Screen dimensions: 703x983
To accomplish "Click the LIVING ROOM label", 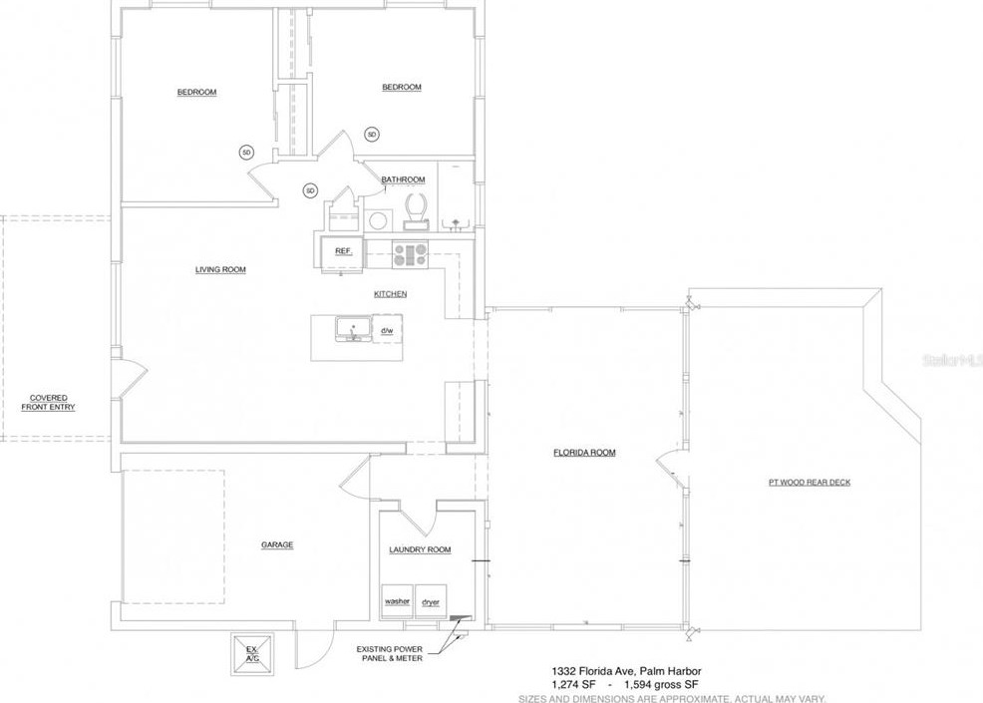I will [x=220, y=269].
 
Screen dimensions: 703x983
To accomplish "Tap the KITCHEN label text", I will [x=390, y=294].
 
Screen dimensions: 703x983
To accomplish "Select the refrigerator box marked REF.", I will [x=342, y=251].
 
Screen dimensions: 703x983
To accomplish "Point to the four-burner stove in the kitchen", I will [x=410, y=254].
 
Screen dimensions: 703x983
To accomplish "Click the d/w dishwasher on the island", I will [x=387, y=330].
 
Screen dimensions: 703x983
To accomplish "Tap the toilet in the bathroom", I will [x=416, y=207].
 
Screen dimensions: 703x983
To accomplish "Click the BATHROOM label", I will [x=403, y=179].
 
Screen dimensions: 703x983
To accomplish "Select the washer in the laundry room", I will [x=397, y=601].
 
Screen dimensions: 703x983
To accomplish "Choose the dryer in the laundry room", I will [x=431, y=601].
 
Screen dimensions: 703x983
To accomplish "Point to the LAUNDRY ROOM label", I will [x=420, y=549].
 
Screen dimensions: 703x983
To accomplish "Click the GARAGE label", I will [x=276, y=544].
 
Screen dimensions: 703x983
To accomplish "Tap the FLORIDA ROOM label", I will [x=584, y=453].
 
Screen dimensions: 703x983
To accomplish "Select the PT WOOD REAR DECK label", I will [x=809, y=483].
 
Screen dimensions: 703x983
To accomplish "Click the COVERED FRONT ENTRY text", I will [x=48, y=403].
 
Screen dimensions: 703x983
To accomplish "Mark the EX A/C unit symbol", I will [x=251, y=653].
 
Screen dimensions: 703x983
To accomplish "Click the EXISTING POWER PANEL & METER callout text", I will [x=390, y=653].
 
